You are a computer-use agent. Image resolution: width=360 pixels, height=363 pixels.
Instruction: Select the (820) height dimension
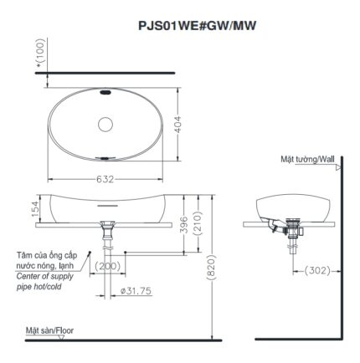tap(218, 266)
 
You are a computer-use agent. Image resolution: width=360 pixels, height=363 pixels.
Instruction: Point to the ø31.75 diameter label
tap(136, 290)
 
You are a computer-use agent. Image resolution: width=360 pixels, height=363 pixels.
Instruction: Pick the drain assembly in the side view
tap(293, 229)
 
